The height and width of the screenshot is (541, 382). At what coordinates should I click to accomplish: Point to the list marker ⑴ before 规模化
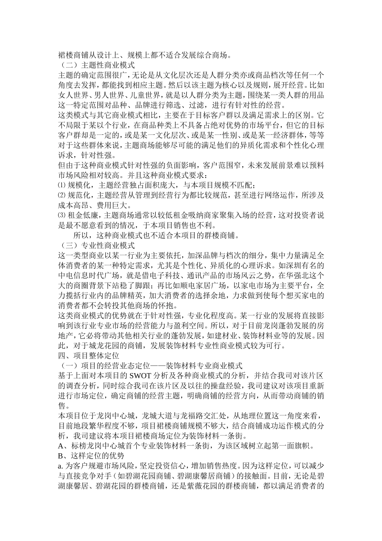pyautogui.click(x=62, y=185)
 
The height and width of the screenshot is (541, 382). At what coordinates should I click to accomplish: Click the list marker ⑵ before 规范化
pyautogui.click(x=62, y=195)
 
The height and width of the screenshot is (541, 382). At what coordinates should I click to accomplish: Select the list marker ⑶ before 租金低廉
pyautogui.click(x=62, y=215)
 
